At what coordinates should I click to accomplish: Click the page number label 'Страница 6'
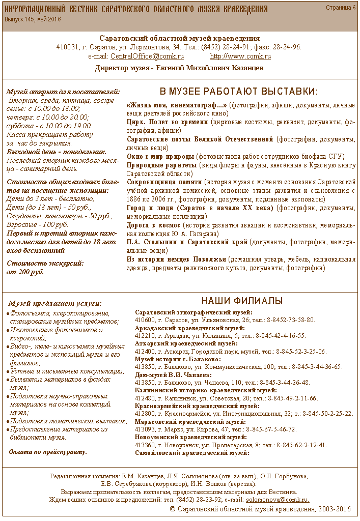pyautogui.click(x=341, y=8)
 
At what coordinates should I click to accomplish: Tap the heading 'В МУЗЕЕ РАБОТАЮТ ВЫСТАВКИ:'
pyautogui.click(x=239, y=92)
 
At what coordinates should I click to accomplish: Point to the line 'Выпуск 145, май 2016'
pyautogui.click(x=33, y=19)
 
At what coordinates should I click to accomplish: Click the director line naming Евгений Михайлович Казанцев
pyautogui.click(x=179, y=68)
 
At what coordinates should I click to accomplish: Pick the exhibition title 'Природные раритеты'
pyautogui.click(x=160, y=165)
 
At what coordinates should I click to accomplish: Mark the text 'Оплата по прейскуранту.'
pyautogui.click(x=48, y=451)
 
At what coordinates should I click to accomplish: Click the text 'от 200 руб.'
pyautogui.click(x=25, y=272)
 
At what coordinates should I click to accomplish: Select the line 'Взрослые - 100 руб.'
pyautogui.click(x=37, y=225)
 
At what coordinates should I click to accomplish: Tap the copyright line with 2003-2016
pyautogui.click(x=260, y=509)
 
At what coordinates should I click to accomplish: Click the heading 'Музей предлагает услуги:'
pyautogui.click(x=54, y=303)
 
